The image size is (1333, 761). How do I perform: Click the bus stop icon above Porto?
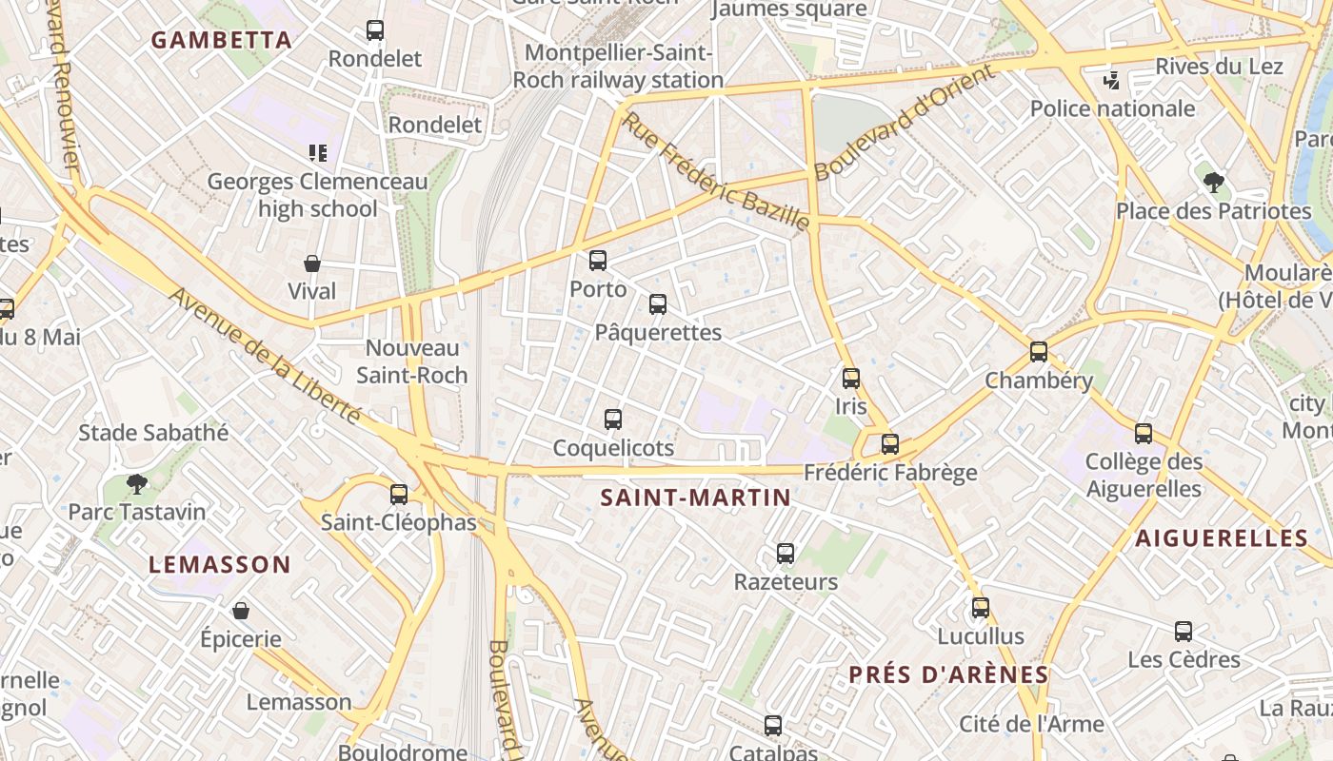tap(598, 261)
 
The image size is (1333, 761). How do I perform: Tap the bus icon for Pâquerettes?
tap(658, 304)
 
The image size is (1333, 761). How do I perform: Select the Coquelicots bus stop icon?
tap(613, 419)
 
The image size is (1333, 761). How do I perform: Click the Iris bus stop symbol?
tap(851, 379)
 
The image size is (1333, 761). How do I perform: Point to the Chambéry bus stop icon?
tap(1039, 352)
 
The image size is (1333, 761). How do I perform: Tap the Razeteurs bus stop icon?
tap(786, 554)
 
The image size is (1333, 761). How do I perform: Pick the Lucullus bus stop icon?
tap(981, 608)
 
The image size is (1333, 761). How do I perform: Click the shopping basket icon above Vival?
tap(312, 263)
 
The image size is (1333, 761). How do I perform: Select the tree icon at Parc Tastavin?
tap(137, 484)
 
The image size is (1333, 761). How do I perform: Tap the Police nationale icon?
tap(1111, 81)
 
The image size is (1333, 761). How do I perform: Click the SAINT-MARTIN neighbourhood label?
tap(696, 497)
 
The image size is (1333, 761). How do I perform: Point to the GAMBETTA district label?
tap(222, 40)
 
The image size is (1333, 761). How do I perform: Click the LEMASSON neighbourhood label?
tap(220, 564)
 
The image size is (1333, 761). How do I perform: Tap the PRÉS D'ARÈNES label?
tap(948, 674)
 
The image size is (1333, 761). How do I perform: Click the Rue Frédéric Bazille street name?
tap(716, 171)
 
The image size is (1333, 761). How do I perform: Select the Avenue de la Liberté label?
tap(266, 356)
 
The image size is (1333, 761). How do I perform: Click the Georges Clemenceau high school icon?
tap(318, 152)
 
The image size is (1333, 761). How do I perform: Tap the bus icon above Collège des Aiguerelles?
tap(1144, 434)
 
